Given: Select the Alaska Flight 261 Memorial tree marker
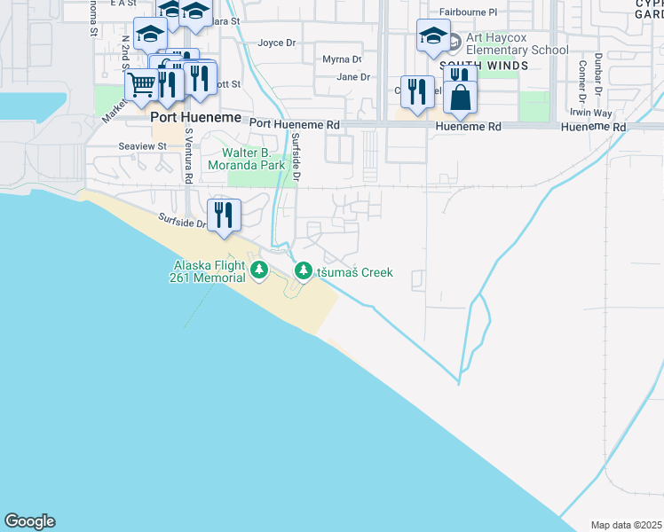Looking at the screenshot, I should (258, 270).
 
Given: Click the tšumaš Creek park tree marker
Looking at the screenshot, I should (304, 270).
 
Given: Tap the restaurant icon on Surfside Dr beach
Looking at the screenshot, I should (224, 215).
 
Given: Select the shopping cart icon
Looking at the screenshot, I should (142, 86).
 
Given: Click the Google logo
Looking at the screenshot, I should (29, 521).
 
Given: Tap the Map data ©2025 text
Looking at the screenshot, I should (627, 525).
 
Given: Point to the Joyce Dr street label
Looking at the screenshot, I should (276, 43).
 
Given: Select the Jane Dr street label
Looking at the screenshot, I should (353, 77).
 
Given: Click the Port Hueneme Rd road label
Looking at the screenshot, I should (295, 126).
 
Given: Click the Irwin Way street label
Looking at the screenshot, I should (591, 113).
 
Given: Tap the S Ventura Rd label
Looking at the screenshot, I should (189, 156).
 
